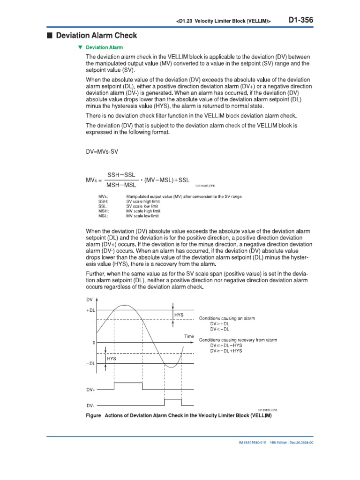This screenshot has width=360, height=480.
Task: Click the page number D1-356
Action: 300,20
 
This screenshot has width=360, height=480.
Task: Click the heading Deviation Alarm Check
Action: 97,36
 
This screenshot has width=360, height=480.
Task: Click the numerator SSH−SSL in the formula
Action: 121,174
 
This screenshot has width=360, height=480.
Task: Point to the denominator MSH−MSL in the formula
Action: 121,185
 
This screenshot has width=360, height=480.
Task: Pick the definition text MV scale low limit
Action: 143,216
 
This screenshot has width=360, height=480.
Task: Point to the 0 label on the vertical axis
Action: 94,343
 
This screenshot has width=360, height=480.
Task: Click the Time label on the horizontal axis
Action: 188,337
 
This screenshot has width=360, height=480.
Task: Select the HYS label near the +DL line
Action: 179,315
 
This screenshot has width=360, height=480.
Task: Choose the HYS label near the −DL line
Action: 112,359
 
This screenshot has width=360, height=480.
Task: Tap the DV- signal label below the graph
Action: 90,406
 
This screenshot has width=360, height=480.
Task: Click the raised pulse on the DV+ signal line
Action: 128,383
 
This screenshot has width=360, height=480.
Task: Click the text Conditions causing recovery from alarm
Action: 238,339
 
